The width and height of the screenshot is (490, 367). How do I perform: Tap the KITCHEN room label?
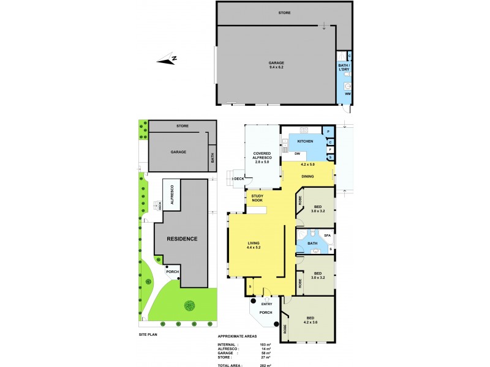[305, 141]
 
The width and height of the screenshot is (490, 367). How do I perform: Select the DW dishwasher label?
[296, 153]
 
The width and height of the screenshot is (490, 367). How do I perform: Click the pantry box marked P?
[329, 132]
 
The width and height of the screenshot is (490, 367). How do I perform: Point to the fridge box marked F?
[330, 149]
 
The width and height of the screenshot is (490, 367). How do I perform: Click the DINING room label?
[307, 177]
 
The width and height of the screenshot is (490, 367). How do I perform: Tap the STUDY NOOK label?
[257, 199]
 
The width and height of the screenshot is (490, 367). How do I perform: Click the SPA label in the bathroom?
[328, 235]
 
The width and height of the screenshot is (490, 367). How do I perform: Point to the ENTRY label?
[267, 303]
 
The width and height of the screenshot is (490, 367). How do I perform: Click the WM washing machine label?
[347, 94]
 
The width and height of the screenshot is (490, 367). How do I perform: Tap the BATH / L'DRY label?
[344, 68]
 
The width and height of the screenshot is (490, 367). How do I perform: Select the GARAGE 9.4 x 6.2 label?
[277, 65]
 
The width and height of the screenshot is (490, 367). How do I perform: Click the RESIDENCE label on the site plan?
[183, 239]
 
